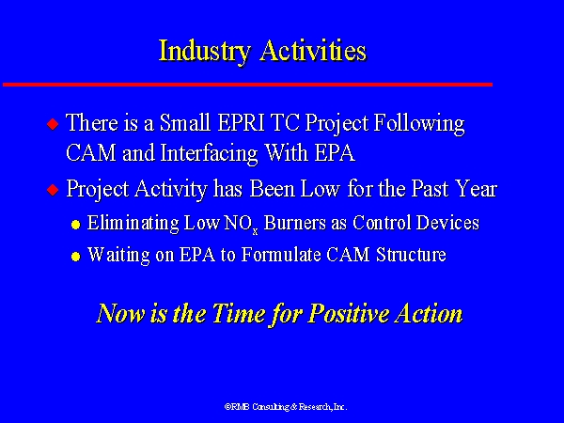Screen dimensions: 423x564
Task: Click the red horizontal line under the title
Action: (x=247, y=85)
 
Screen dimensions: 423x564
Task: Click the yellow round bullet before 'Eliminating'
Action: (x=75, y=226)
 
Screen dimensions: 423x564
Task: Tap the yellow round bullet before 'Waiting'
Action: (x=75, y=257)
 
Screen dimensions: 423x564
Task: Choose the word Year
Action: (x=474, y=190)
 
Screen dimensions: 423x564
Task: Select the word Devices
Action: (x=446, y=224)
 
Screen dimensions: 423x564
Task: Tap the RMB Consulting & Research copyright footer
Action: (x=285, y=407)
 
